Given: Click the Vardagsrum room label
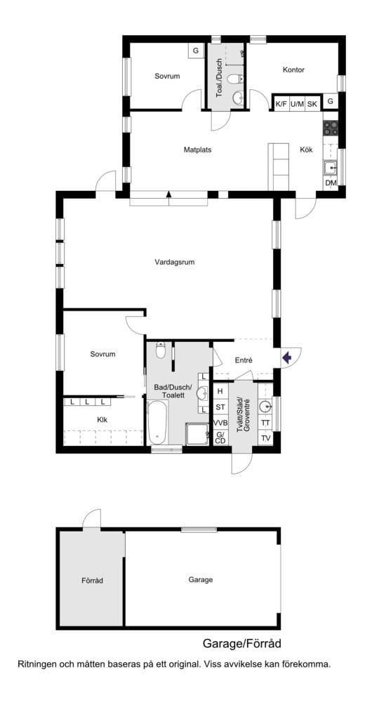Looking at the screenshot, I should (174, 263).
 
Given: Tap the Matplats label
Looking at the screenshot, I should (197, 150).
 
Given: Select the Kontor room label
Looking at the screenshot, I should (293, 70).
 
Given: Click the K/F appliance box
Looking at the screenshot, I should (281, 104).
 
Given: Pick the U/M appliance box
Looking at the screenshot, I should (297, 104).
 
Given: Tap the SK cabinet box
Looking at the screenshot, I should (312, 104).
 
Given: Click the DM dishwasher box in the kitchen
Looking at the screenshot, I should (331, 183).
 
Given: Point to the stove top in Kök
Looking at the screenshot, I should (331, 129).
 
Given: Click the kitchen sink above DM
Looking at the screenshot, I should (331, 167).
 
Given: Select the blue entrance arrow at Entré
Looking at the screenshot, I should (286, 358).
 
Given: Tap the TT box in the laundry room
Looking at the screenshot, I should (265, 423).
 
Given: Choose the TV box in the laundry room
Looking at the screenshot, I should (265, 438).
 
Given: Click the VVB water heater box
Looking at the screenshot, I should (220, 423).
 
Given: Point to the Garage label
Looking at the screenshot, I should (200, 580).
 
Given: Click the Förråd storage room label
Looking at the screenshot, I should (92, 581).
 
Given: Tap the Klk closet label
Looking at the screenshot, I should (102, 420).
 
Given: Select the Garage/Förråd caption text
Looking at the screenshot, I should (242, 643).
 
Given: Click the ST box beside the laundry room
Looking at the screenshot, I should (220, 407).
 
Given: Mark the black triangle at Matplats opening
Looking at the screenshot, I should (168, 194).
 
